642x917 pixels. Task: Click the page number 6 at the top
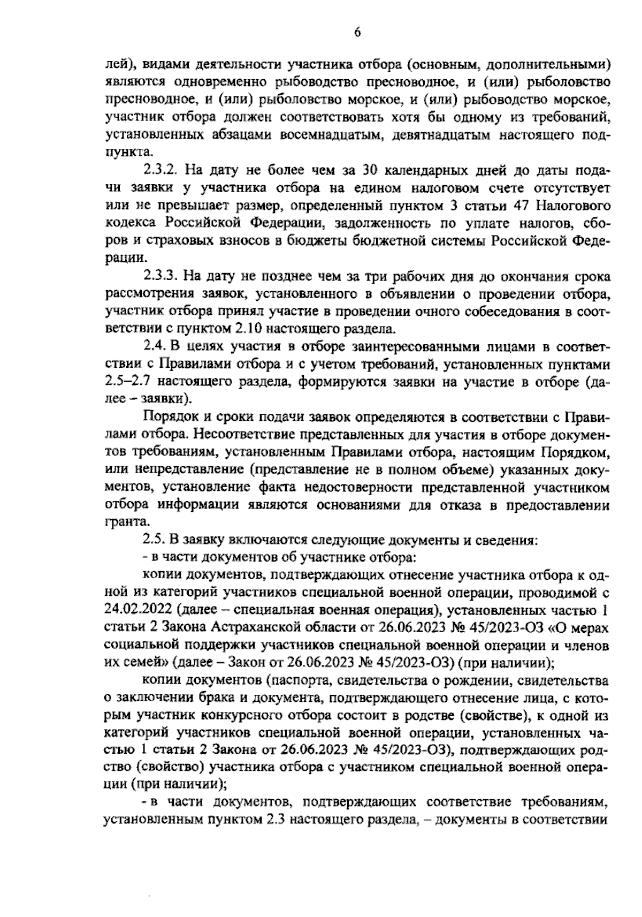click(357, 32)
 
